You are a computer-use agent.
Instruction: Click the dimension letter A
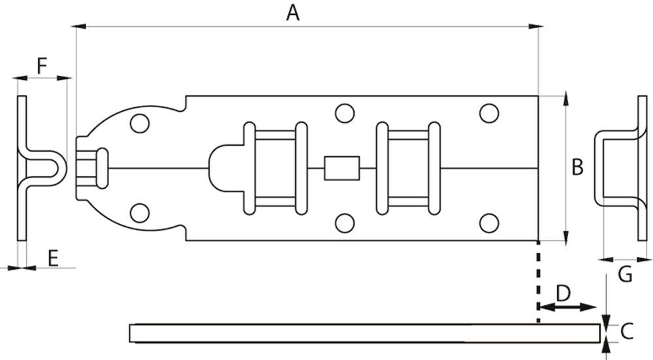tap(293, 12)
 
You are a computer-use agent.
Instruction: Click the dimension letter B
tap(577, 167)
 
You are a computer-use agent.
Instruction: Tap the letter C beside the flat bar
tap(627, 331)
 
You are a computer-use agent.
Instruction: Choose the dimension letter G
tap(625, 275)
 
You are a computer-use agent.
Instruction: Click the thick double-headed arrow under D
tap(566, 306)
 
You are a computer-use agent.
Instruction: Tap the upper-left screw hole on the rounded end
tap(138, 122)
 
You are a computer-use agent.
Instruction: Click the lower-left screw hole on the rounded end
tap(138, 213)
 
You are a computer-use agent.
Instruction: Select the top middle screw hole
tap(344, 113)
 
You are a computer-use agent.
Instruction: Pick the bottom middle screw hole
tap(344, 223)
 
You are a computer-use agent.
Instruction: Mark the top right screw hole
tap(488, 113)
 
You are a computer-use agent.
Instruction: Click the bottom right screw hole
tap(488, 223)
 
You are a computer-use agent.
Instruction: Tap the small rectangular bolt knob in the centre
tap(342, 168)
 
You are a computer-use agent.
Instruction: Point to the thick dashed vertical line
tap(537, 281)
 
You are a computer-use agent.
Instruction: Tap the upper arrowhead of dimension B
tap(565, 100)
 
